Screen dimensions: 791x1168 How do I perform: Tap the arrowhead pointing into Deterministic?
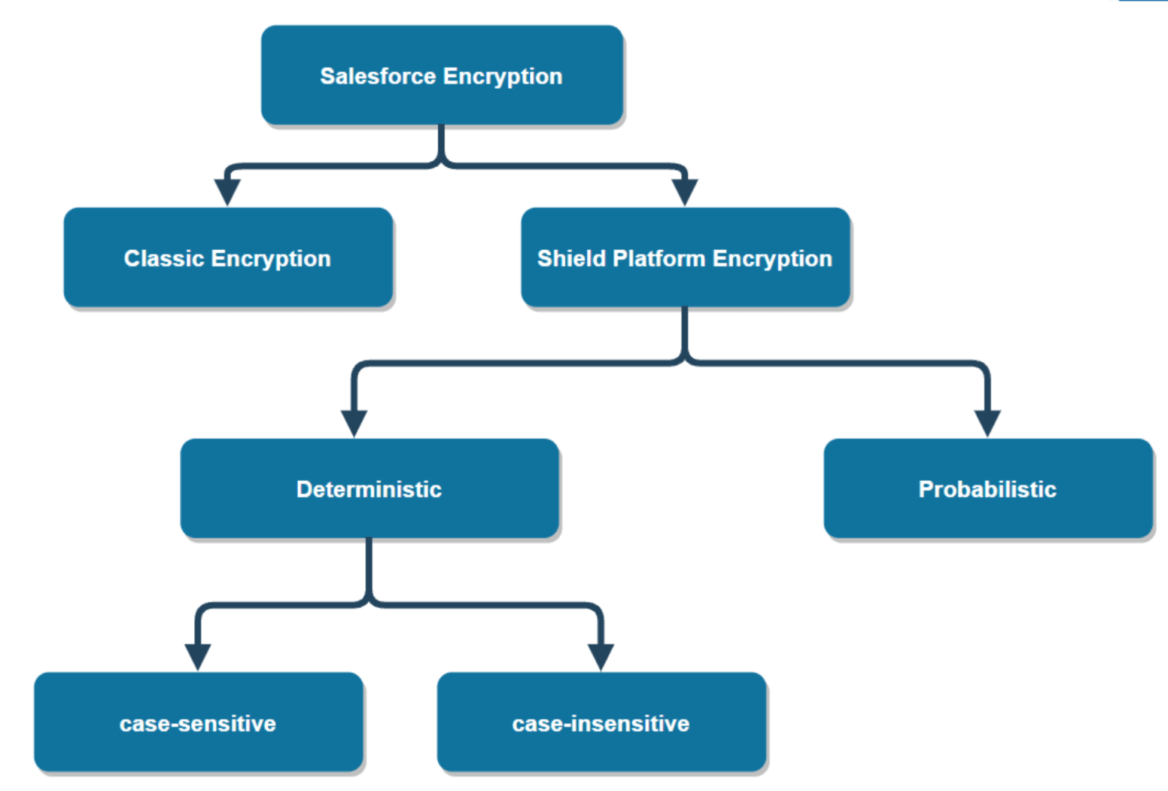354,422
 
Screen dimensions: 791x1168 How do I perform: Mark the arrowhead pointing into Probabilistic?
987,422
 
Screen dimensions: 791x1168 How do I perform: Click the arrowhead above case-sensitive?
198,656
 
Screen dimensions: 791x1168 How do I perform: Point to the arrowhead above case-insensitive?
601,656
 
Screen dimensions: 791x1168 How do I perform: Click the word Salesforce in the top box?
378,76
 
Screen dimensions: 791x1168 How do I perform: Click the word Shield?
571,258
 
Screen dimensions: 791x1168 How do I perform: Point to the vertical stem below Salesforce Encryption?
441,142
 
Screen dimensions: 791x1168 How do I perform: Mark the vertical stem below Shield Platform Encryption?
684,331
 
